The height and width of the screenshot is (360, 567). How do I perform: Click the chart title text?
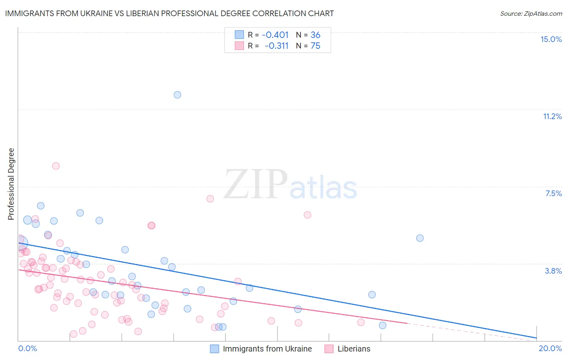pos(169,13)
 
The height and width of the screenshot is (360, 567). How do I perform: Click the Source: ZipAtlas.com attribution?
pos(531,13)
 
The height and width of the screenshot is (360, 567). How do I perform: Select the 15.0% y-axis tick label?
pos(551,39)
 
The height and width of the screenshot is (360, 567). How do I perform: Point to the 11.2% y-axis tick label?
pos(552,116)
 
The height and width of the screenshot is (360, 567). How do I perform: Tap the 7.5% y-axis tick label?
pos(553,193)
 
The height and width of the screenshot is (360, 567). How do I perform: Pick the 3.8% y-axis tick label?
pos(553,271)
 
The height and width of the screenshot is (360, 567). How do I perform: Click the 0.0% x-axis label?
pos(27,348)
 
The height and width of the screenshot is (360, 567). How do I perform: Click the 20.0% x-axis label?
pos(550,348)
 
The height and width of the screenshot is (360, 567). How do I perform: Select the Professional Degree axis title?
pos(11,184)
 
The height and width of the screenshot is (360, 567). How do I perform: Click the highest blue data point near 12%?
pos(177,95)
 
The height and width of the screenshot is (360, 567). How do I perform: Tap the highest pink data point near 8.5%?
pos(56,166)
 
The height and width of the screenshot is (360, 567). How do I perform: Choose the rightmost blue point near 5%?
pos(420,238)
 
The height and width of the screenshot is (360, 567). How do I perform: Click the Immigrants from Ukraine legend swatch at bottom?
pos(215,349)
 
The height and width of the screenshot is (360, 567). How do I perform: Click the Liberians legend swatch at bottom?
pos(329,349)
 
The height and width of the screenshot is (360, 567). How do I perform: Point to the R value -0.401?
pos(275,35)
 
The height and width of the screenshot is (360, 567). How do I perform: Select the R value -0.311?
pos(276,46)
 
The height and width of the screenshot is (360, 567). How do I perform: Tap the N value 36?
pos(315,35)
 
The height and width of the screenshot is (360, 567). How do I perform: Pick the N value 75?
pos(315,46)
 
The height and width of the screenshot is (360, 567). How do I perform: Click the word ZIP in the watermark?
pos(255,184)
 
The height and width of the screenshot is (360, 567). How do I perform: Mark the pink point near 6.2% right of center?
pos(307,215)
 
